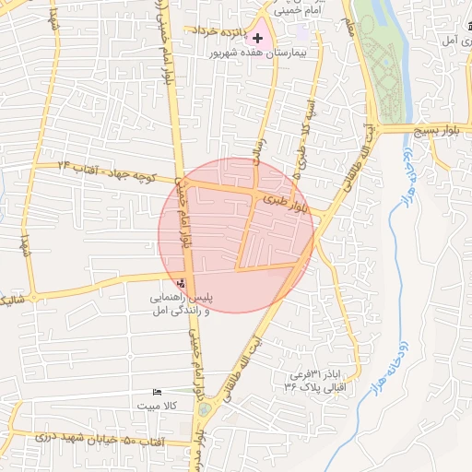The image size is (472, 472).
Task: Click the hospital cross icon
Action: [x=256, y=40]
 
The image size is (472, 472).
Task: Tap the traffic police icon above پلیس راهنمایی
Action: [x=181, y=284]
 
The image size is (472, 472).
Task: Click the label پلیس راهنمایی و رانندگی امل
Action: [x=182, y=305]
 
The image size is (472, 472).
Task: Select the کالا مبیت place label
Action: [x=157, y=405]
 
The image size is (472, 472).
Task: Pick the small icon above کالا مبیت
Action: [x=157, y=393]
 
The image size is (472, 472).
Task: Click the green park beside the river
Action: [x=383, y=65]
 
